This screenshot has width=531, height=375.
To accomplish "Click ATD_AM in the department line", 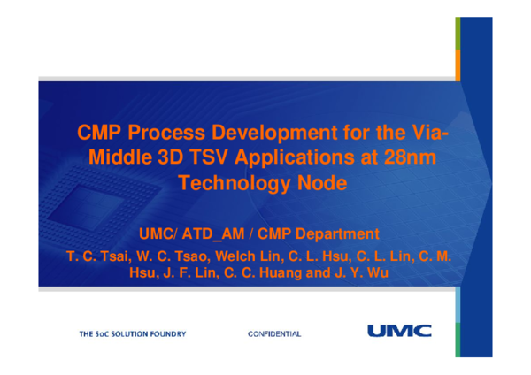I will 221,234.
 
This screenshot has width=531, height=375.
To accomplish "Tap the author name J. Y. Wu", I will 357,273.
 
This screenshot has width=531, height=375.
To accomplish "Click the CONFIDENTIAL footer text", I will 274,333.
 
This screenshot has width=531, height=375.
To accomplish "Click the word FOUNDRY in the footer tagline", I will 165,333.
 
